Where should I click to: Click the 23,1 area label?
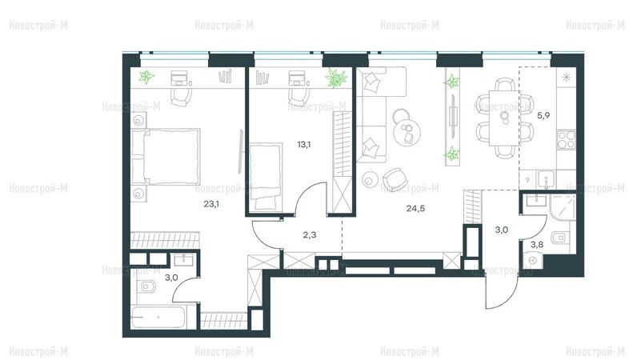coord(211,203)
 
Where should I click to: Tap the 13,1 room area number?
coord(304,144)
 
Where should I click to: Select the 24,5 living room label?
coord(415,208)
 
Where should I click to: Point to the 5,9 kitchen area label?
coord(543,116)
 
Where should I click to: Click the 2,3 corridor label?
coord(310,235)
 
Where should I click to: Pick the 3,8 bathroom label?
coord(537,245)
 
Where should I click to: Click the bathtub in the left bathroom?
coord(158,317)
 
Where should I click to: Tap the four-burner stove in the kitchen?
coord(567,139)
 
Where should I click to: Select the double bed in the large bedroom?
coord(166,157)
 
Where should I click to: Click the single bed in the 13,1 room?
coord(266,176)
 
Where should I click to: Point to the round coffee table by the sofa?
coord(407,130)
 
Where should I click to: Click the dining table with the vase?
coord(504,118)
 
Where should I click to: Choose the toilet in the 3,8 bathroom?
coord(559,238)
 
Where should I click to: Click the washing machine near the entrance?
coord(533,260)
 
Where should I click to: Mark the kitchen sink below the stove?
coord(546,179)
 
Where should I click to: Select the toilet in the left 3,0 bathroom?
coord(146,286)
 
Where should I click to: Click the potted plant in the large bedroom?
coord(146,77)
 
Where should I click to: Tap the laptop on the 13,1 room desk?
coord(297,78)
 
